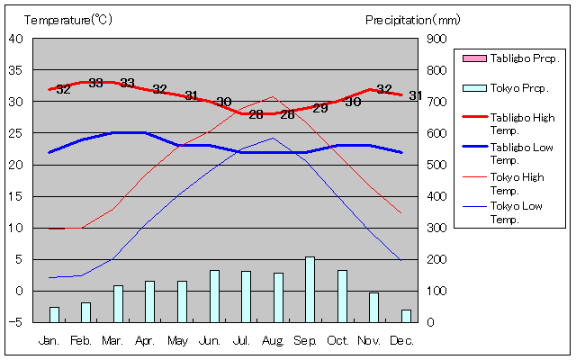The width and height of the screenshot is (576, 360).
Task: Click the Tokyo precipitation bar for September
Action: [x=310, y=289]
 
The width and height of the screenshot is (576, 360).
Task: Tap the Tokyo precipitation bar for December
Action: [x=406, y=315]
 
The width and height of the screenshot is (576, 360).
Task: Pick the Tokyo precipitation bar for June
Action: [x=214, y=295]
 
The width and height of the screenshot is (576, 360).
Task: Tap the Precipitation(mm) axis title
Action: [x=413, y=19]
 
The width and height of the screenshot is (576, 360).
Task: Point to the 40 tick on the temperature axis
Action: [x=17, y=39]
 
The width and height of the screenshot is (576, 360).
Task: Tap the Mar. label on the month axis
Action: [x=112, y=341]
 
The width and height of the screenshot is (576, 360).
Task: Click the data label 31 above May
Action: [x=191, y=95]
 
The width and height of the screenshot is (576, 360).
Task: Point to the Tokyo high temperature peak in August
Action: [x=274, y=97]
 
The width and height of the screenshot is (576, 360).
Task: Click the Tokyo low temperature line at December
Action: [x=400, y=260]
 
